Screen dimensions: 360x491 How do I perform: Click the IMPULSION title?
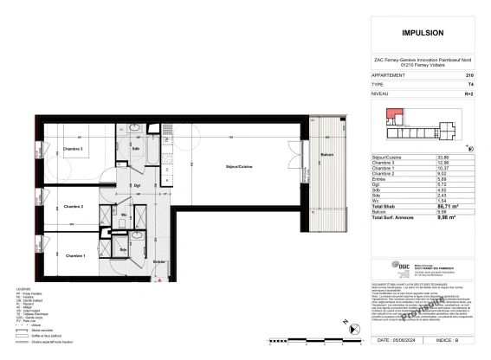click(425, 34)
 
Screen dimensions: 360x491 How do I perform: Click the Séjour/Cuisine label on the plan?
click(239, 165)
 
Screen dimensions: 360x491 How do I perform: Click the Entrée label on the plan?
click(158, 260)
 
